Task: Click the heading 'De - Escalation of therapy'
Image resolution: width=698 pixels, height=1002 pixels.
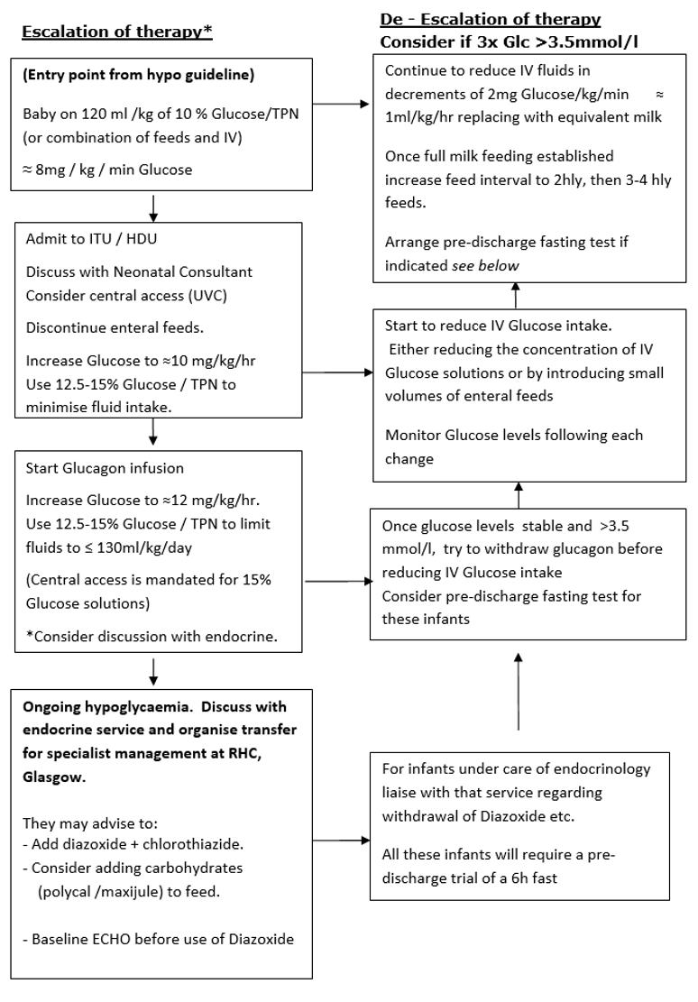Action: point(491,19)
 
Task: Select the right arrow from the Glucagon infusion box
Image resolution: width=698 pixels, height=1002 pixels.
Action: point(338,581)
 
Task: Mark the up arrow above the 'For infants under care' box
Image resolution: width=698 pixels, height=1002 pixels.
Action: point(518,694)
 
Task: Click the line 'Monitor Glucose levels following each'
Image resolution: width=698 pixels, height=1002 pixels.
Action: point(514,436)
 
